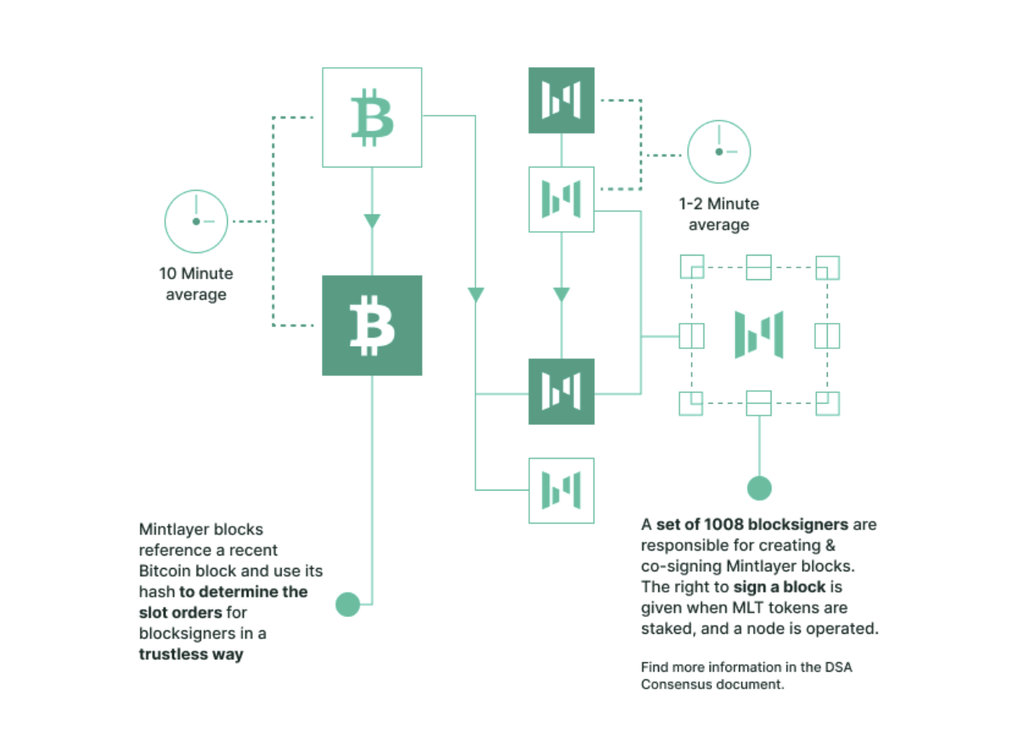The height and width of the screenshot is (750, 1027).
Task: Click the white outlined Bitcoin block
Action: click(x=372, y=117)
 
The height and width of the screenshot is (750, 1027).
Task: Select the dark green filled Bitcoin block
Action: click(x=372, y=325)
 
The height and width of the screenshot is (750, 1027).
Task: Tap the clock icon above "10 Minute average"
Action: click(x=196, y=222)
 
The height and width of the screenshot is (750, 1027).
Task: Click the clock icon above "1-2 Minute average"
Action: click(x=718, y=152)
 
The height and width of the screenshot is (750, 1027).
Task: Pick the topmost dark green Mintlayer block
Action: click(x=561, y=100)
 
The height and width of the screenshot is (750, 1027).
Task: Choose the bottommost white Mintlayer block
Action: click(x=561, y=491)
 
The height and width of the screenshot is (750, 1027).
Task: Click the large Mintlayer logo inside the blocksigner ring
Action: click(x=759, y=335)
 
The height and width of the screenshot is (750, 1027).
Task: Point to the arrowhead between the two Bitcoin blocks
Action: click(x=372, y=221)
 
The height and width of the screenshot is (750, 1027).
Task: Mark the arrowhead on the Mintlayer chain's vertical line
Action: click(x=561, y=295)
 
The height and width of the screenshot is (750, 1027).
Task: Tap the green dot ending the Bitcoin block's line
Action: click(x=347, y=604)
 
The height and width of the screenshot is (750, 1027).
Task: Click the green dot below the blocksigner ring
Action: click(x=759, y=488)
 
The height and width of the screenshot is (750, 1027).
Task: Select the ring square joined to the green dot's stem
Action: click(x=759, y=403)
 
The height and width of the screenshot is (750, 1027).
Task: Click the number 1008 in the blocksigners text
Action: click(x=723, y=525)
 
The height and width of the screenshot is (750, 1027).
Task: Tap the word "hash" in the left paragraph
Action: click(x=156, y=592)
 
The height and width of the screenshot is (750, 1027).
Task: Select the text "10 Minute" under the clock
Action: click(x=196, y=274)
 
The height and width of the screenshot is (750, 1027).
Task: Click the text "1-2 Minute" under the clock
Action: click(x=718, y=204)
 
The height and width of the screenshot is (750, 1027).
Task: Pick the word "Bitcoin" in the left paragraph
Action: click(x=165, y=571)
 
